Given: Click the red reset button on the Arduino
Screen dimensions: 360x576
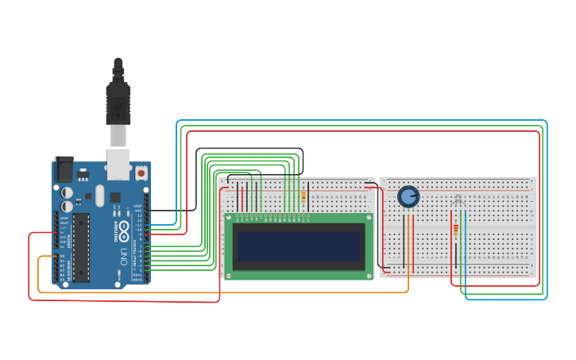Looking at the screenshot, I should [141, 172].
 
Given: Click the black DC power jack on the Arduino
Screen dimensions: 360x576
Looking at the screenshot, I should [63, 170].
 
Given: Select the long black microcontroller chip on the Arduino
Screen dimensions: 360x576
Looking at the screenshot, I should [81, 246].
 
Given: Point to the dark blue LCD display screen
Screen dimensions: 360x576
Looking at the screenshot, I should [299, 247].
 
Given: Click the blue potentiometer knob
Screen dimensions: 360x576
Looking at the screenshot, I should [408, 195].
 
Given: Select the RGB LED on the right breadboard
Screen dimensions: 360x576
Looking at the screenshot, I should [458, 200].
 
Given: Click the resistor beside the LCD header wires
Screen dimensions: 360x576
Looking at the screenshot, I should [303, 196].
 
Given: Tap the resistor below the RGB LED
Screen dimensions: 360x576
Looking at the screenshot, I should [455, 230].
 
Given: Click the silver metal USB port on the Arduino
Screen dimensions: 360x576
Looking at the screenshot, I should [118, 163].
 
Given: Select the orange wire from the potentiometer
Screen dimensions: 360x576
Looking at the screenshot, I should [408, 254].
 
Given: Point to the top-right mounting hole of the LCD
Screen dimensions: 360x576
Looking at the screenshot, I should [368, 217].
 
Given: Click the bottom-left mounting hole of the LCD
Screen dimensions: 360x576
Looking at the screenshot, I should [229, 276].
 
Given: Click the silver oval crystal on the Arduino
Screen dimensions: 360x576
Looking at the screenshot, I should [99, 195].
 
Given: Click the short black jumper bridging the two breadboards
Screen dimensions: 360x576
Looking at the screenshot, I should [371, 184].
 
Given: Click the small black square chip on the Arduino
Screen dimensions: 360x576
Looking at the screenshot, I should [115, 197].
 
